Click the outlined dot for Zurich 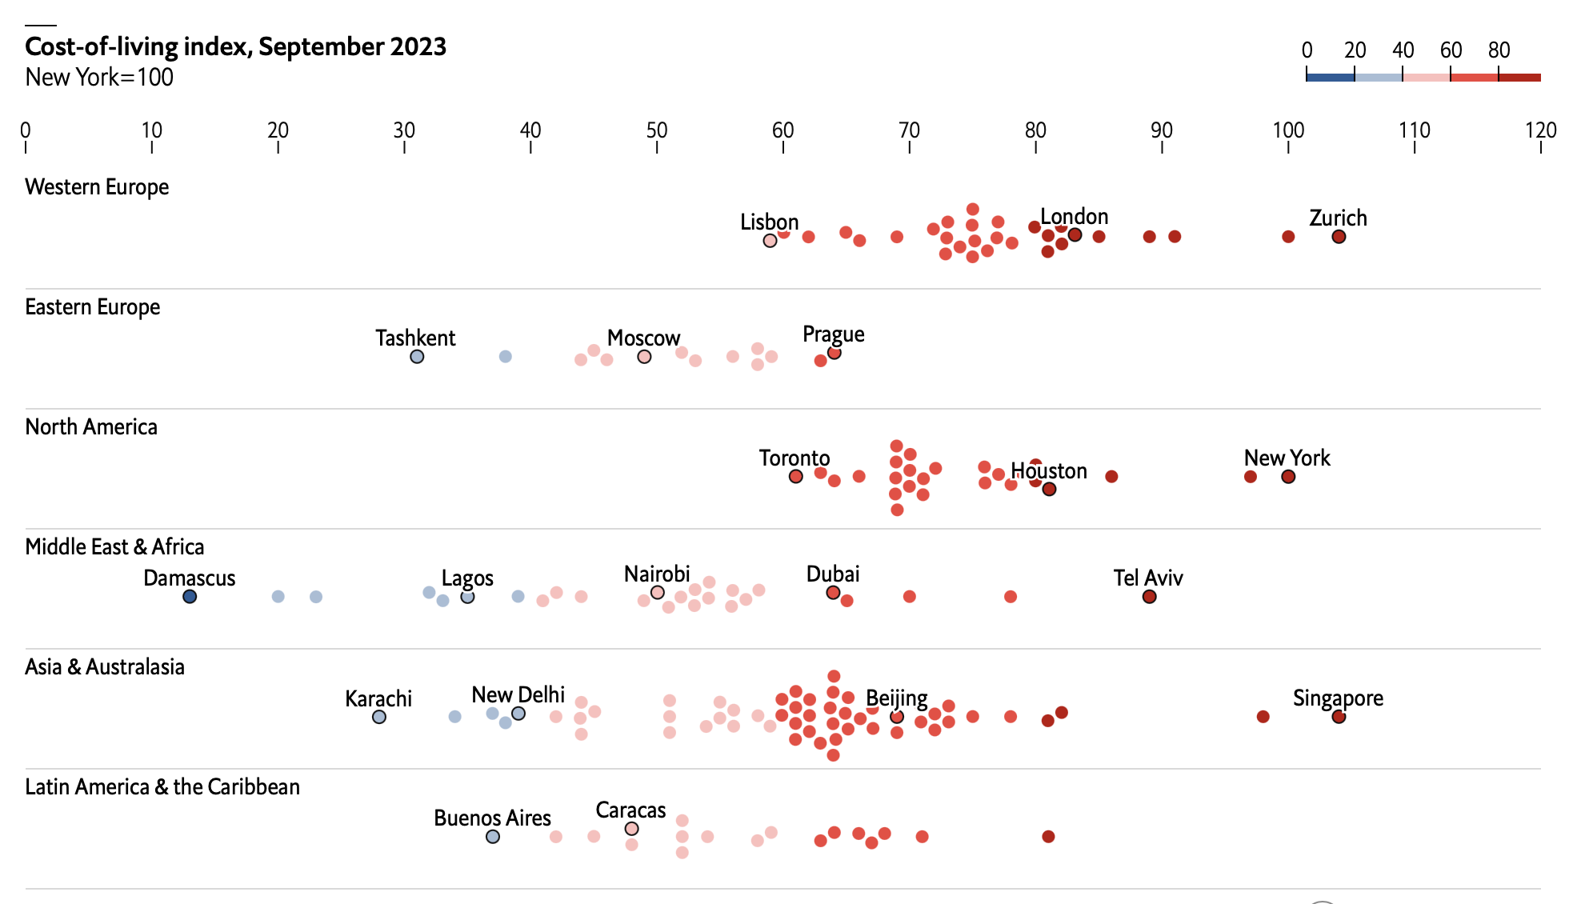[x=1339, y=237]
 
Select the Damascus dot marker [x=190, y=597]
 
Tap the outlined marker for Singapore [x=1339, y=717]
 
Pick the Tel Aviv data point [x=1149, y=597]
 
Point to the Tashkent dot [x=417, y=357]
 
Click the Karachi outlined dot [x=379, y=717]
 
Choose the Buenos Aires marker [x=493, y=837]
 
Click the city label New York [x=1287, y=458]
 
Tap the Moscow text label [x=643, y=338]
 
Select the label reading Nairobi [x=657, y=574]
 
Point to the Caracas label [x=630, y=810]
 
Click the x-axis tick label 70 [x=909, y=130]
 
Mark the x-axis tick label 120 [x=1540, y=130]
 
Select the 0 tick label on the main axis [x=26, y=130]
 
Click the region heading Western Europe [x=97, y=187]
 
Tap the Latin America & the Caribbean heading [x=162, y=787]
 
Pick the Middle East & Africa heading [x=114, y=547]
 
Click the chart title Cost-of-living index [x=235, y=46]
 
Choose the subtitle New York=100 [x=99, y=78]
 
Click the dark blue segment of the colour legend [x=1330, y=78]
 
